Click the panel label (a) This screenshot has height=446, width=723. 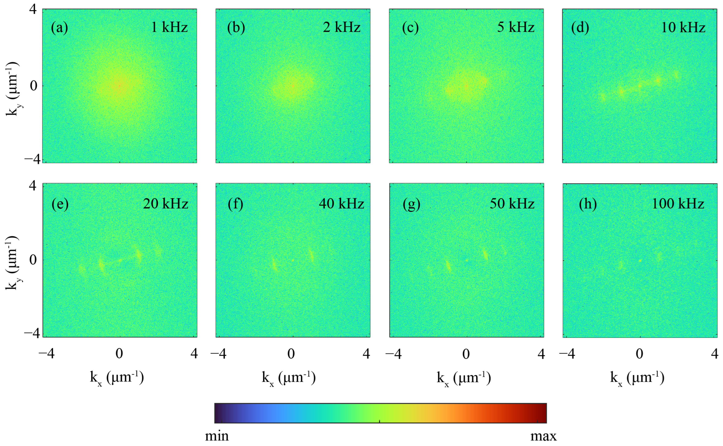(x=59, y=28)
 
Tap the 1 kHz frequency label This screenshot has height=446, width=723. (x=169, y=27)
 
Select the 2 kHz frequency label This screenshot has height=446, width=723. (x=341, y=27)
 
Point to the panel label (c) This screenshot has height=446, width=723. (x=410, y=28)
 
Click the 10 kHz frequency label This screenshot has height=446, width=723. (x=683, y=27)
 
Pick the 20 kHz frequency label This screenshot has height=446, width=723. (x=165, y=204)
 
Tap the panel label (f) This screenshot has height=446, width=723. (x=235, y=204)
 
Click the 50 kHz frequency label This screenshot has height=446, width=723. (x=512, y=204)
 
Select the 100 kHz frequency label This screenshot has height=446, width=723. (x=678, y=204)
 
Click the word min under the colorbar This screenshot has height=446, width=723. (x=217, y=436)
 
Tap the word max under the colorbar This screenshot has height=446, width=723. (x=543, y=436)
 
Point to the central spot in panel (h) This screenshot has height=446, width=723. (x=640, y=260)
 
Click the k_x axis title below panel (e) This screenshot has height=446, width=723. (x=117, y=378)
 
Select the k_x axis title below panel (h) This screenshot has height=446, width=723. (x=637, y=378)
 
